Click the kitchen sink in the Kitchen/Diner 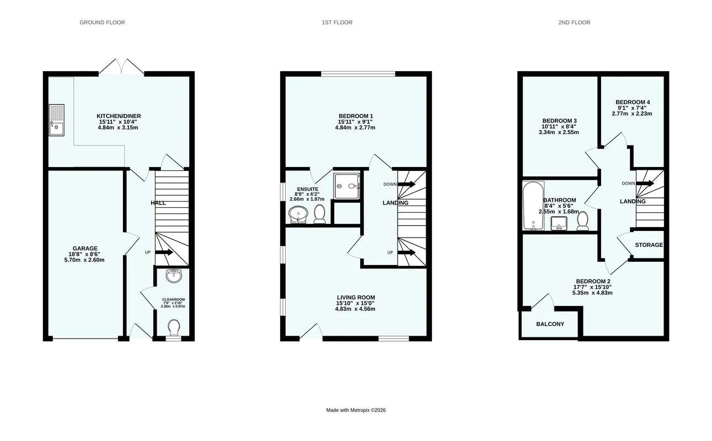(57, 120)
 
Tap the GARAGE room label (85, 249)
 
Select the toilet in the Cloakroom (174, 327)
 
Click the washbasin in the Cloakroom (174, 276)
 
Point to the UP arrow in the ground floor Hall (164, 252)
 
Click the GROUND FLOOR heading (102, 23)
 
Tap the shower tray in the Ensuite (346, 186)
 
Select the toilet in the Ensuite (319, 214)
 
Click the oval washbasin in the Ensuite (298, 214)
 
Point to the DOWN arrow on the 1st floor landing (406, 184)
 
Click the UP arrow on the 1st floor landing (406, 252)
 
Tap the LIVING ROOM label (356, 297)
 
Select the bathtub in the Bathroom (533, 206)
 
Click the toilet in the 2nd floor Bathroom (582, 221)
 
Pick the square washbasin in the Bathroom (559, 223)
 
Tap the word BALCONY (550, 324)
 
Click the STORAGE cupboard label (649, 245)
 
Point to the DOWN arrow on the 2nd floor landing (645, 184)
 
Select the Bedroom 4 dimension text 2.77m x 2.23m (632, 114)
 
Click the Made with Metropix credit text (356, 410)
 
